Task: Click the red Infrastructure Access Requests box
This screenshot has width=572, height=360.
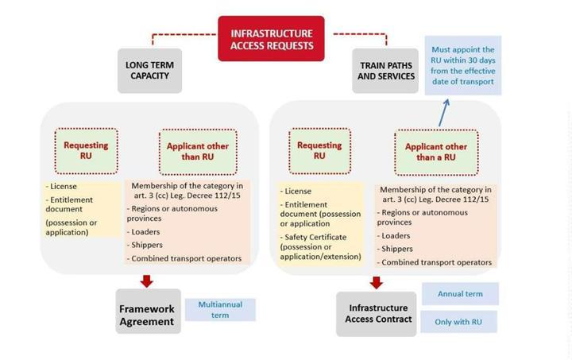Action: tap(272, 38)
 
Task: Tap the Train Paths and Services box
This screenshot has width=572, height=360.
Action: tap(386, 70)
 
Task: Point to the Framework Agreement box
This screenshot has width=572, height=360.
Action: tap(146, 315)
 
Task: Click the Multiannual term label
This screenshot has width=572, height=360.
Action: tap(221, 309)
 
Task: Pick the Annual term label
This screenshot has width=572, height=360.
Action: tap(460, 293)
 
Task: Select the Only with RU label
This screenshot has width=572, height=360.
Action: tap(460, 321)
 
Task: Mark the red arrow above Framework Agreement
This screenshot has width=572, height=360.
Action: tap(146, 281)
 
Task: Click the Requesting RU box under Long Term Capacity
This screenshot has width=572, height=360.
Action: tap(86, 150)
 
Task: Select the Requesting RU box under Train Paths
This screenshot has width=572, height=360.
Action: tap(319, 150)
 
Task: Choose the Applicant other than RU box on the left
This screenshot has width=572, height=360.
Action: tap(198, 151)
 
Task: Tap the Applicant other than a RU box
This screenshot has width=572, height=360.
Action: tap(436, 152)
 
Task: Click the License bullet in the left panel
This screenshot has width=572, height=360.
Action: tap(65, 186)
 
